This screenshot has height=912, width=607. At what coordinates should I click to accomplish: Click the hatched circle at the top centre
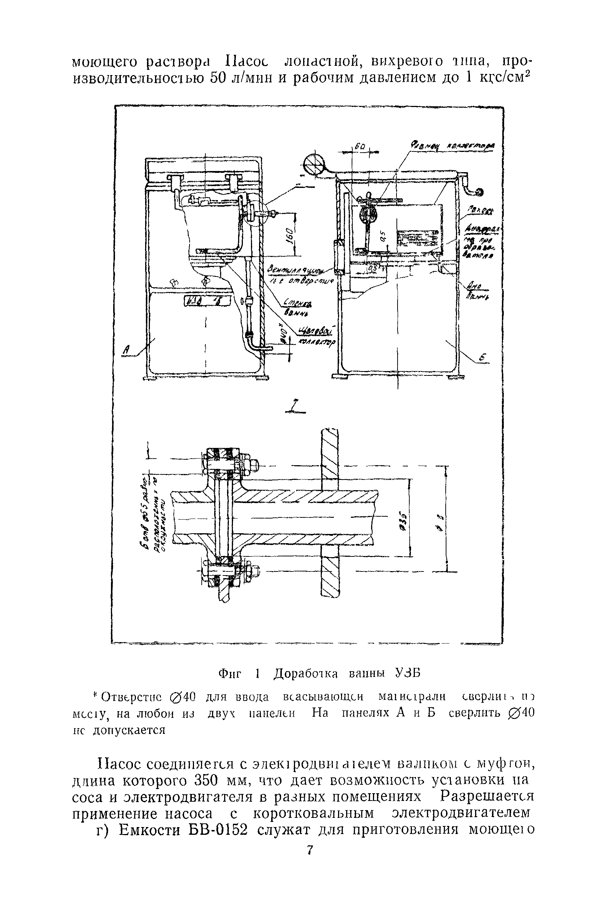[x=313, y=165]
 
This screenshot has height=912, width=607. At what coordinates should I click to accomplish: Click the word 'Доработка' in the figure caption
[x=306, y=674]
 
